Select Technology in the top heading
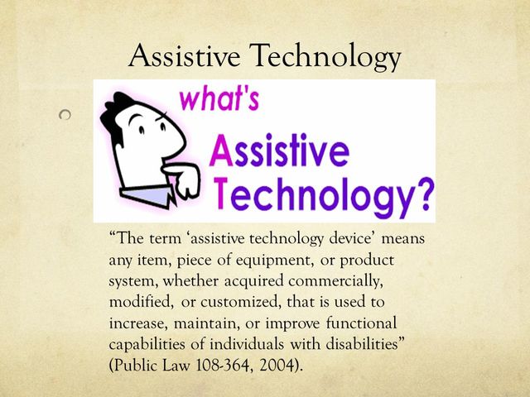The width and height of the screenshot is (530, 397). pyautogui.click(x=326, y=58)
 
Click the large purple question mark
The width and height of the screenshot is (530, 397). pyautogui.click(x=420, y=196)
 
